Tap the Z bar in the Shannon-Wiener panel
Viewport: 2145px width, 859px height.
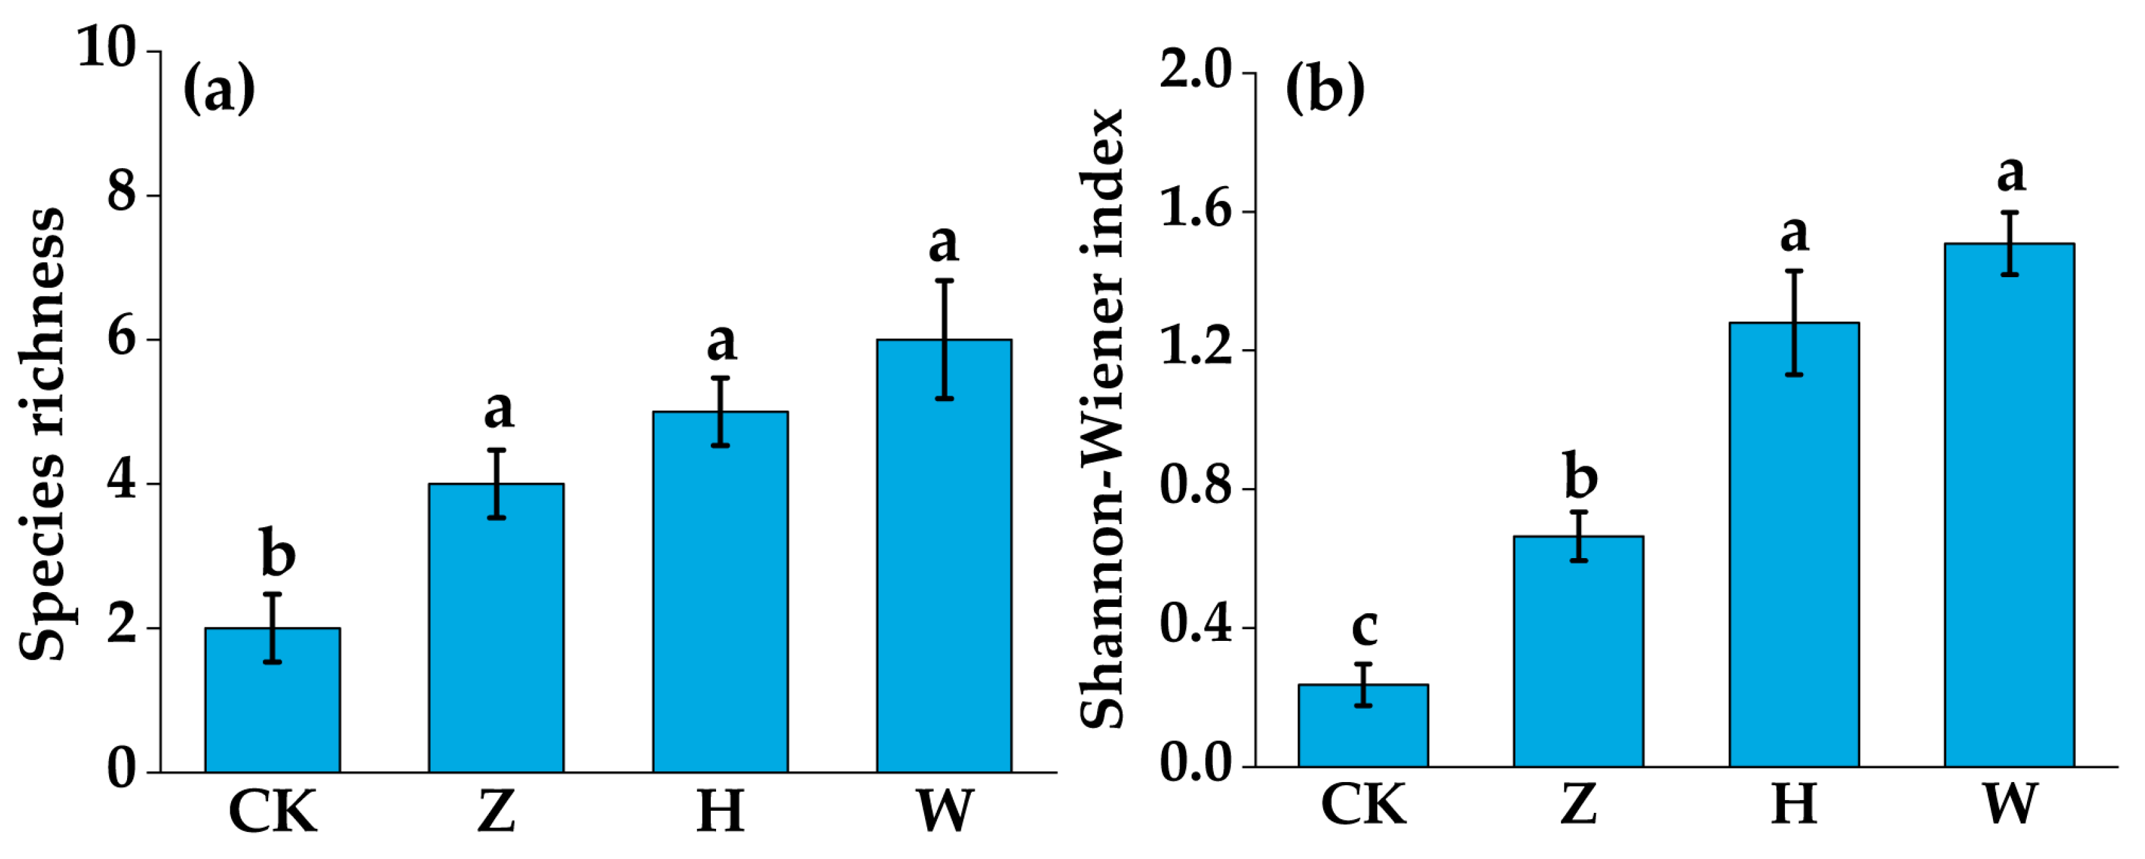point(1578,654)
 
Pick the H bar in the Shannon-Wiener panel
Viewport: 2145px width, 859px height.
point(1793,549)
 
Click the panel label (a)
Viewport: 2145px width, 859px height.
point(219,89)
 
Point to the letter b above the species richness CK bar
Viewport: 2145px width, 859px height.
point(277,552)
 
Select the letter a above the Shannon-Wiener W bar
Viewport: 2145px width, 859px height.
point(2010,173)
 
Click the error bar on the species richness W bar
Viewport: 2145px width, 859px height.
point(944,339)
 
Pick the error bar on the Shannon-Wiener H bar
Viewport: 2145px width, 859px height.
point(1793,323)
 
